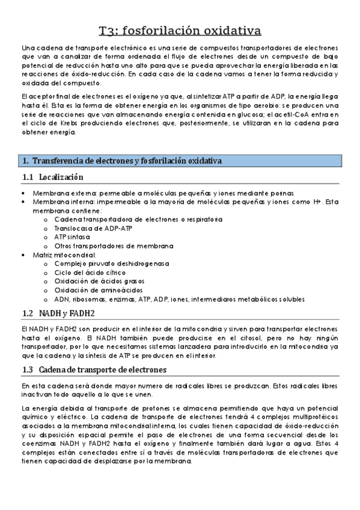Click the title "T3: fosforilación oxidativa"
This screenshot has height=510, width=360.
[180, 30]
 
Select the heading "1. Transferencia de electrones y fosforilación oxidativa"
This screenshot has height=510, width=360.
[122, 161]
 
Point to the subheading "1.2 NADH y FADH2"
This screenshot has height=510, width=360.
[58, 314]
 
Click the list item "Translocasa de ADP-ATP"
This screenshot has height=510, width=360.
[93, 229]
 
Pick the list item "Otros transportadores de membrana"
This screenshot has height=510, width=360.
[114, 245]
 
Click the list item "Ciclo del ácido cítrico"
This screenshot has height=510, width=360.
[90, 272]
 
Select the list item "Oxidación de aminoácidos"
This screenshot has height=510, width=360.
[96, 290]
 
